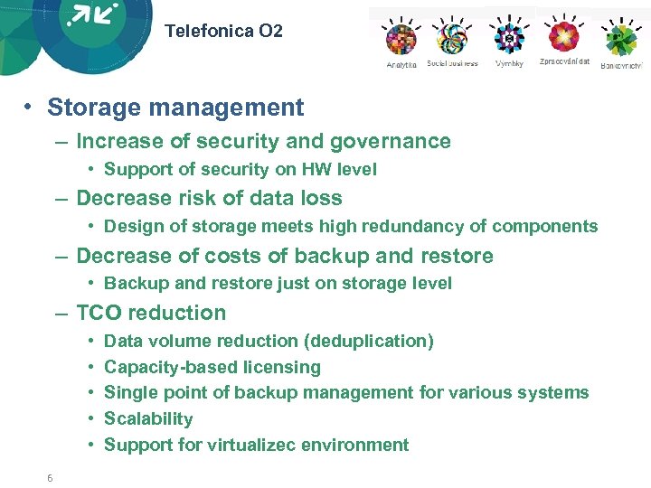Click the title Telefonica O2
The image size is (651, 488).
click(223, 31)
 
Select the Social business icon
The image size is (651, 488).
click(452, 38)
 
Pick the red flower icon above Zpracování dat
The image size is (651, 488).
click(564, 37)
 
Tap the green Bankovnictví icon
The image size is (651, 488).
click(621, 40)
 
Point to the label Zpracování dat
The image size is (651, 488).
click(564, 62)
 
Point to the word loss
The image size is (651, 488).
click(323, 198)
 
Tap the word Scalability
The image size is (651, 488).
click(148, 418)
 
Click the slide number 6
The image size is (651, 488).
click(51, 478)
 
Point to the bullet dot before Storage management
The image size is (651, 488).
click(30, 108)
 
